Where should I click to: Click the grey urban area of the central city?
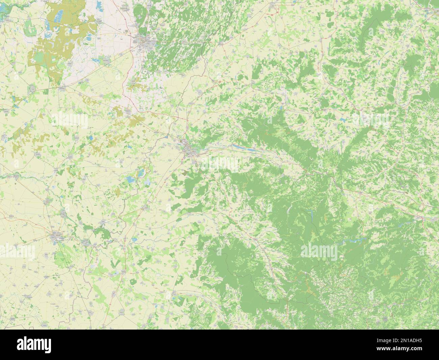pos(188,149)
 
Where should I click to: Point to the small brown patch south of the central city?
pos(185,173)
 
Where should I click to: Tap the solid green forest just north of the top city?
pos(139,14)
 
